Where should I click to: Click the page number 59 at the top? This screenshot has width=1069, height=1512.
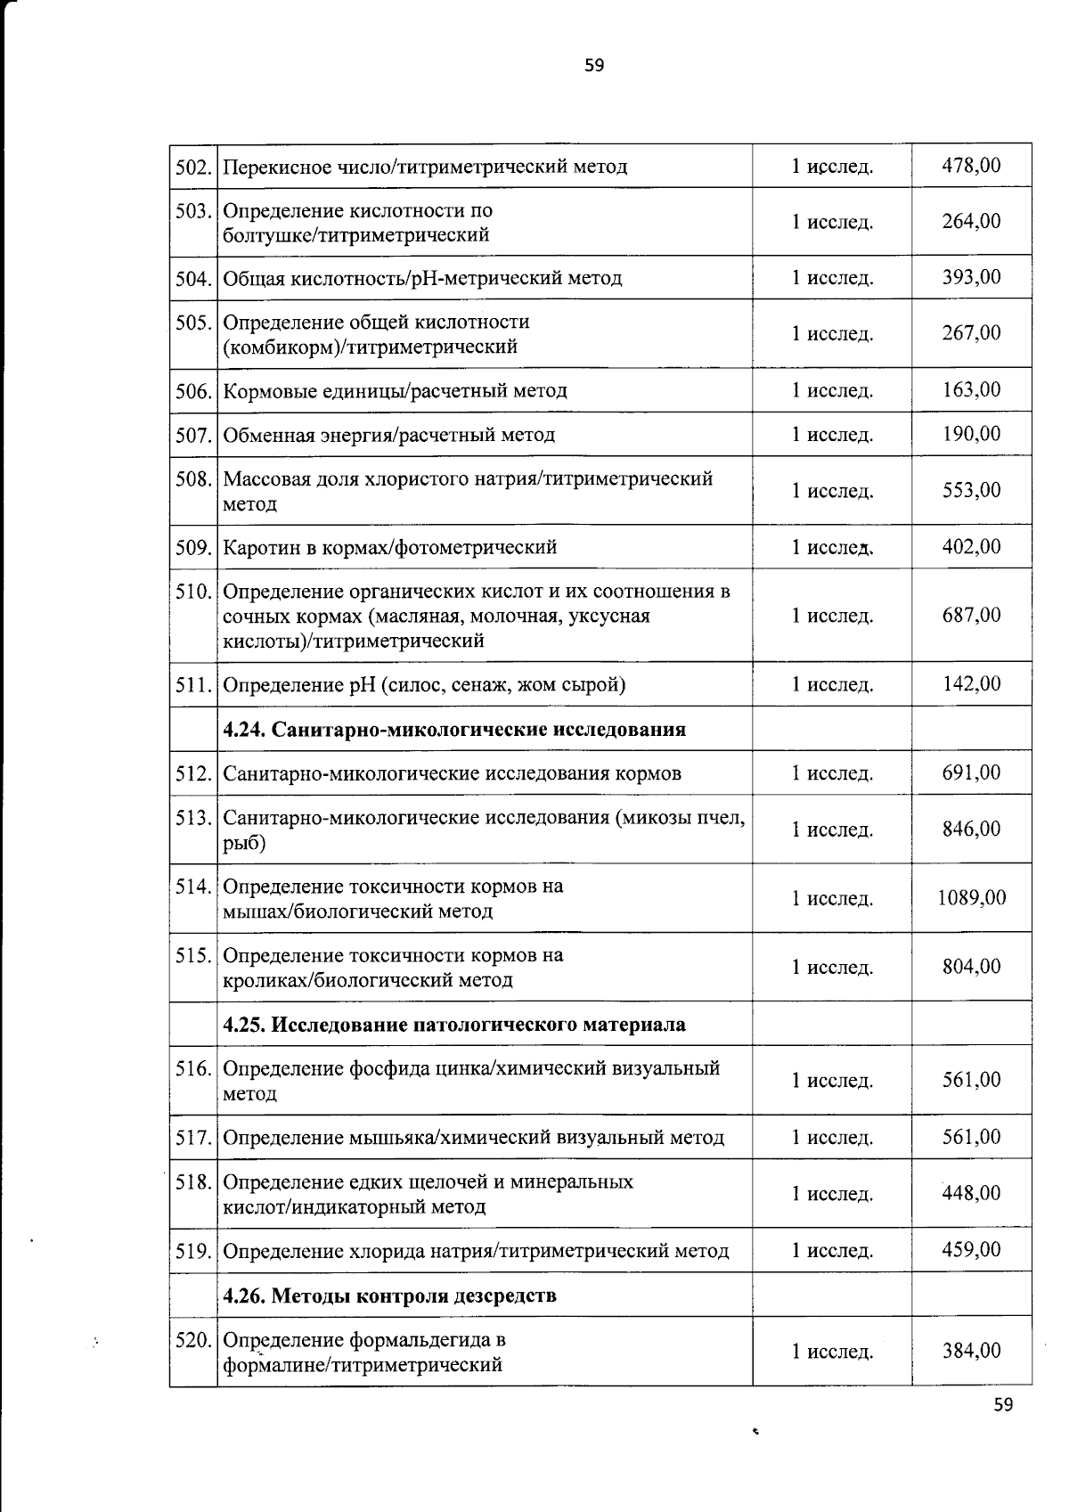click(x=594, y=65)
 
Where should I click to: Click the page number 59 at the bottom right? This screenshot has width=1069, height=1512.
click(x=1003, y=1405)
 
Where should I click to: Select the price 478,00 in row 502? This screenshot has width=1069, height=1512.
click(x=971, y=165)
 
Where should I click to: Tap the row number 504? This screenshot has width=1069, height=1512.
click(x=193, y=278)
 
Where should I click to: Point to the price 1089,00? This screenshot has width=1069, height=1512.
click(x=971, y=897)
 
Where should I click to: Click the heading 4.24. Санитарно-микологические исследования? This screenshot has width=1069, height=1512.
click(x=454, y=730)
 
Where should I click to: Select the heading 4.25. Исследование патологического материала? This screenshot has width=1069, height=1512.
click(x=454, y=1025)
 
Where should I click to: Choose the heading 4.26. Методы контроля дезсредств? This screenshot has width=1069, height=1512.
click(x=389, y=1295)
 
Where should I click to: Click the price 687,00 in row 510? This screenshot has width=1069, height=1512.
click(x=971, y=615)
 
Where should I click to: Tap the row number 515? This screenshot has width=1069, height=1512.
click(x=193, y=956)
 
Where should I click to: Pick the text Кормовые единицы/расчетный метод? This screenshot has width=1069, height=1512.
click(x=395, y=391)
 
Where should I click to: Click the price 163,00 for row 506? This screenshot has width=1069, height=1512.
click(x=971, y=389)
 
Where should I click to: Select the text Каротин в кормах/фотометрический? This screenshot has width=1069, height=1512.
click(x=389, y=547)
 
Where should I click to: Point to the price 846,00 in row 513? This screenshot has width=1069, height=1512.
click(x=971, y=829)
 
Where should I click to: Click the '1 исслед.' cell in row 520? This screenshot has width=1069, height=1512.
click(x=832, y=1352)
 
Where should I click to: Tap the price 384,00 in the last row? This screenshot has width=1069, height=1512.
click(x=971, y=1351)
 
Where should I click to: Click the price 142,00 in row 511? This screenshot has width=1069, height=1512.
click(x=971, y=683)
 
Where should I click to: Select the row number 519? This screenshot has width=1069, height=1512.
click(x=193, y=1251)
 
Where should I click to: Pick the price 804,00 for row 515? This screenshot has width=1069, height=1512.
click(x=971, y=967)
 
